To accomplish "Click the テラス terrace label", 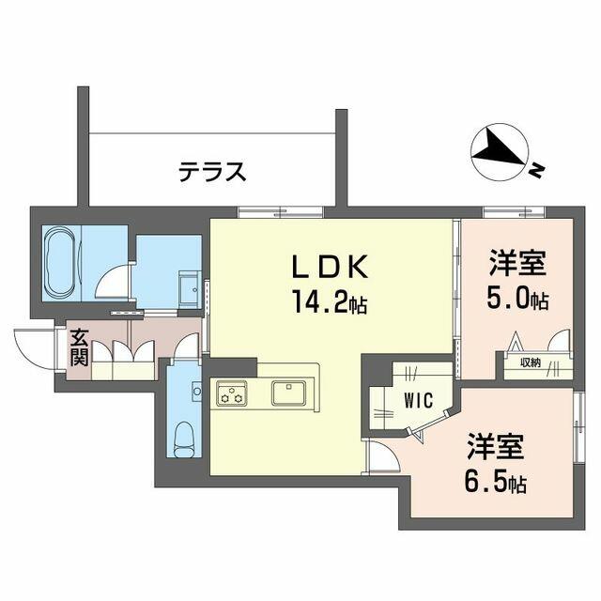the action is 212,172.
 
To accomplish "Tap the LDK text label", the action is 330,267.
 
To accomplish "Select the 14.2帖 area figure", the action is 330,301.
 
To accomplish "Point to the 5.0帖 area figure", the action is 517,298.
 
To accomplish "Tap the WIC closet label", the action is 419,400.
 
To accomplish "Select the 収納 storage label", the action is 530,362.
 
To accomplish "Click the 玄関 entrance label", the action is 79,347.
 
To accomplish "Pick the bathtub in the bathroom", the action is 59,263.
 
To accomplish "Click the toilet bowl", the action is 184,439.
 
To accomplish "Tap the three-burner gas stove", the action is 232,393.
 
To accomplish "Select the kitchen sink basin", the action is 288,393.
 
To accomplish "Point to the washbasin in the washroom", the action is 190,288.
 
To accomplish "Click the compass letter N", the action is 538,170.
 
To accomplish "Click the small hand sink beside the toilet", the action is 196,392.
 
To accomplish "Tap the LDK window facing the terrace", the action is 280,212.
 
